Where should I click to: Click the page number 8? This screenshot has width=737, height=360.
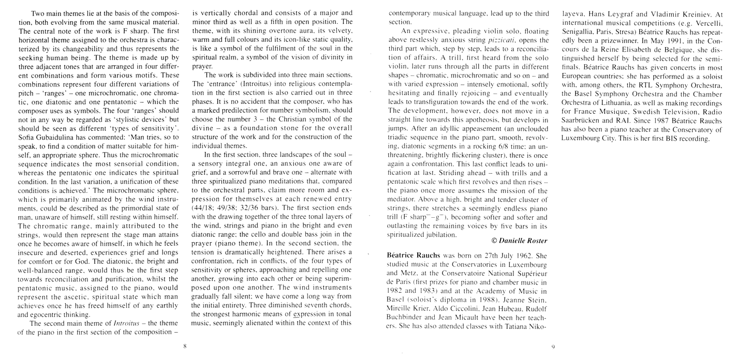[x=185, y=346]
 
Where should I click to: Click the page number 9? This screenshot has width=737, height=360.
[x=553, y=347]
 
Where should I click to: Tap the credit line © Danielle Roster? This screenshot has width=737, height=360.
[x=515, y=241]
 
